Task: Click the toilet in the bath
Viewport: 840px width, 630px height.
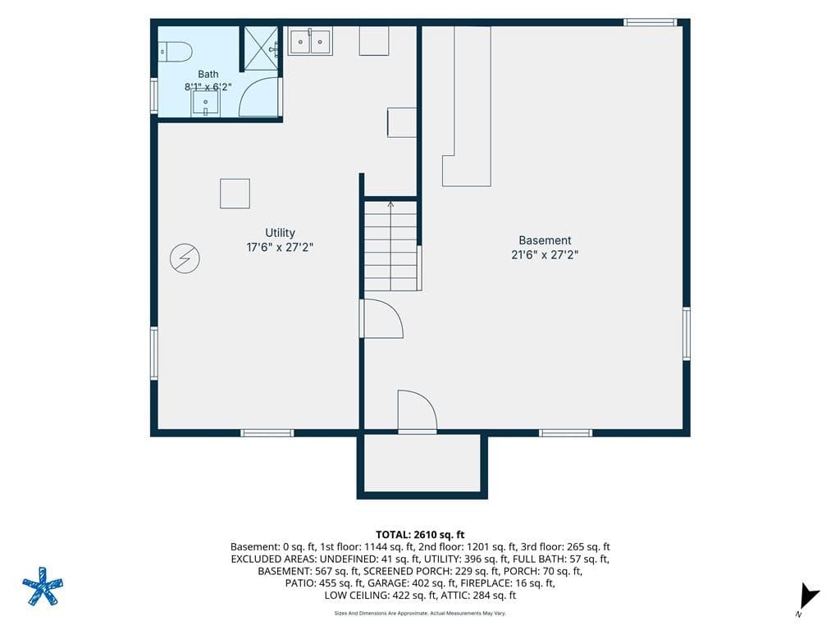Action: coord(176,52)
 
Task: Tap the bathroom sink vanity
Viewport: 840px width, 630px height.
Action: coord(205,103)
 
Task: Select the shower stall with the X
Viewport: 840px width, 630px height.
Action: coord(262,48)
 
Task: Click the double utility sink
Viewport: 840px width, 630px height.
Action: coord(310,41)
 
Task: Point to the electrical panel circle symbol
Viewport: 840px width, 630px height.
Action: coord(185,258)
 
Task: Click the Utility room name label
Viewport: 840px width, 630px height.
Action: coord(281,232)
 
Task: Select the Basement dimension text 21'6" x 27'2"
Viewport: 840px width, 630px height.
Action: coord(545,254)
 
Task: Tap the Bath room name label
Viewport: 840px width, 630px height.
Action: coord(208,74)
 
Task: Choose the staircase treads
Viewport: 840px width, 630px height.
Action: coord(390,246)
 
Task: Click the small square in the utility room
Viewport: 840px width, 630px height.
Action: coord(235,194)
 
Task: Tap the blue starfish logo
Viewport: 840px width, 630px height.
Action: coord(43,586)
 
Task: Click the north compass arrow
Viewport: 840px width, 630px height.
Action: coord(809,596)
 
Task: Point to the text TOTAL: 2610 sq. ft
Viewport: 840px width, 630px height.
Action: coord(420,534)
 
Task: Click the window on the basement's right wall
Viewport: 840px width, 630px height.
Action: coord(687,333)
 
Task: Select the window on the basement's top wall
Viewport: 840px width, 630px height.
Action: coord(650,22)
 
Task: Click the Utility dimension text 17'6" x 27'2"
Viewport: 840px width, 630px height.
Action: coord(280,247)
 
